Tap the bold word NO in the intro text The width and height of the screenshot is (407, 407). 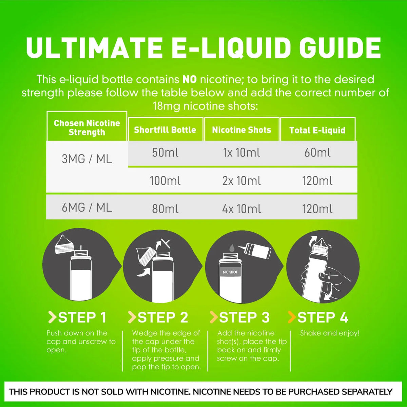point(190,80)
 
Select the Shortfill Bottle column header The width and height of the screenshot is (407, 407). point(165,130)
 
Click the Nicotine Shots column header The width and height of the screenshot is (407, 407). point(241,130)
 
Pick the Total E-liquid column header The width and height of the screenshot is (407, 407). point(317,130)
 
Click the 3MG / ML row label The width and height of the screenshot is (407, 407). point(87,159)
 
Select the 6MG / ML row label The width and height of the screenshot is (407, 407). point(87,208)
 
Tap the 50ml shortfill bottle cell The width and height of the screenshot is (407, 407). point(165,153)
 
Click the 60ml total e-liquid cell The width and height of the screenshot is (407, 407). point(317,153)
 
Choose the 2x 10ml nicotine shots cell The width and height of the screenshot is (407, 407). point(241,181)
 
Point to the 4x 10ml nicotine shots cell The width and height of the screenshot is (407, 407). point(241,209)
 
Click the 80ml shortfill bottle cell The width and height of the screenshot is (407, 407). point(165,209)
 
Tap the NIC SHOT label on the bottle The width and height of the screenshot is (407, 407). point(230,272)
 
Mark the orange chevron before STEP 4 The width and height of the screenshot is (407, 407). point(292,317)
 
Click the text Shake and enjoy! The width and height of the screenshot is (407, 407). point(330,333)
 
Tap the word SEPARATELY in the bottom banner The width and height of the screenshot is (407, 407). point(367,392)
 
